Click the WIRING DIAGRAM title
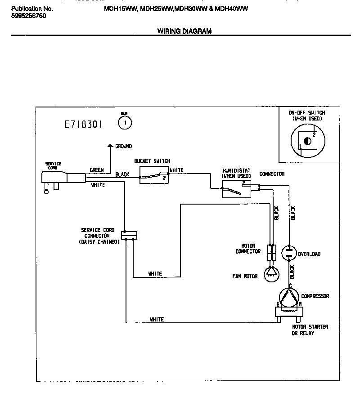(184, 31)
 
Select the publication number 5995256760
(28, 16)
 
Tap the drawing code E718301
(84, 125)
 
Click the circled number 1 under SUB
(124, 122)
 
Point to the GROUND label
(123, 146)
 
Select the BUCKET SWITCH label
(152, 161)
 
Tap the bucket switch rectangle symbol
(153, 174)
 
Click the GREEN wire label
(97, 170)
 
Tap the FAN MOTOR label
(245, 276)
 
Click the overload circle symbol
(289, 252)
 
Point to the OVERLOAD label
(309, 254)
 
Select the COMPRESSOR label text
(315, 296)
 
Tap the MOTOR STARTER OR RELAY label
(310, 330)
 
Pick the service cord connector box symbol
(129, 235)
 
